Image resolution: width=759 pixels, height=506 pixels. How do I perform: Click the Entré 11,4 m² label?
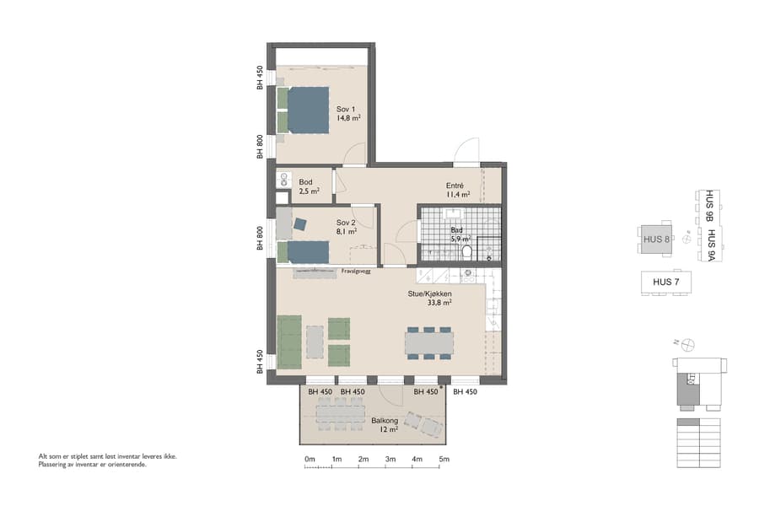[457, 190]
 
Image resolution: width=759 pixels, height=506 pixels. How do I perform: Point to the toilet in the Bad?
[466, 250]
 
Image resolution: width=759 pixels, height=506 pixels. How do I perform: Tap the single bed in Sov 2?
[304, 251]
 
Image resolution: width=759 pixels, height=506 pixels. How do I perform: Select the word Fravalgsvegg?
[358, 272]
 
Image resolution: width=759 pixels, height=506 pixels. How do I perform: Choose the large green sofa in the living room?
[289, 342]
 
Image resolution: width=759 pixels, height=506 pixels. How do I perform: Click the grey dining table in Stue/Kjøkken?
[428, 343]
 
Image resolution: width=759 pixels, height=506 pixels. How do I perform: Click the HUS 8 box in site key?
[656, 239]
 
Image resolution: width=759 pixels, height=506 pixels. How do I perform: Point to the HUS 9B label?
[710, 204]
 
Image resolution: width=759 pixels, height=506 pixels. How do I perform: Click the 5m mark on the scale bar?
[444, 460]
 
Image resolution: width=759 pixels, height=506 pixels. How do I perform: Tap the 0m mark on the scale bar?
[310, 460]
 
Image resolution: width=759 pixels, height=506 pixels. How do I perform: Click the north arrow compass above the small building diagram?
[688, 343]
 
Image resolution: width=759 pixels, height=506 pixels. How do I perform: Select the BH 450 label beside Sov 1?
[260, 78]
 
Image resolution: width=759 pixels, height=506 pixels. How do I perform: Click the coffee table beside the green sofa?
[315, 342]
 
